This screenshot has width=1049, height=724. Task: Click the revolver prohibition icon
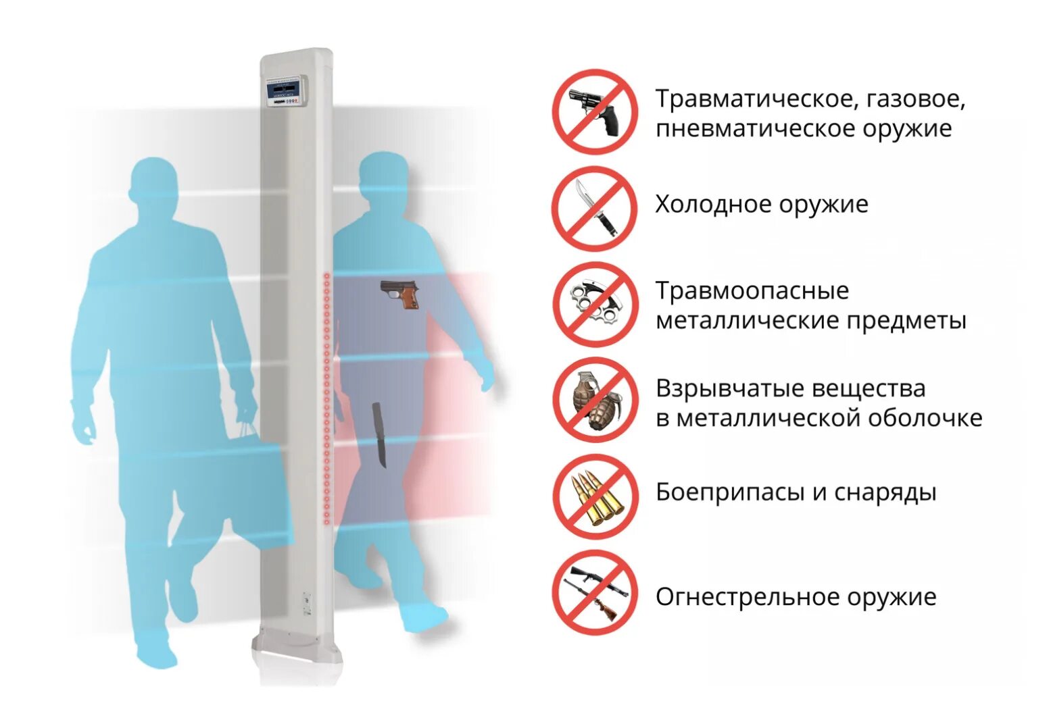tap(595, 112)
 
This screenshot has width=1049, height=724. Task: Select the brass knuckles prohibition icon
tap(595, 305)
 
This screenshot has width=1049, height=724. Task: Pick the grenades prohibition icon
tap(595, 400)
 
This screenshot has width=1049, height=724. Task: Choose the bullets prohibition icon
tap(595, 496)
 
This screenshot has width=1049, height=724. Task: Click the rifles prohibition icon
tap(595, 592)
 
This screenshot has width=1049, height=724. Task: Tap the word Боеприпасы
tap(730, 492)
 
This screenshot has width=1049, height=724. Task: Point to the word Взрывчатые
tap(728, 388)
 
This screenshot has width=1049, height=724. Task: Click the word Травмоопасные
tap(752, 291)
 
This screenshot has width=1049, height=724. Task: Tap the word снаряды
tap(885, 492)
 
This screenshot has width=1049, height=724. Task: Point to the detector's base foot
tap(297, 650)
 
